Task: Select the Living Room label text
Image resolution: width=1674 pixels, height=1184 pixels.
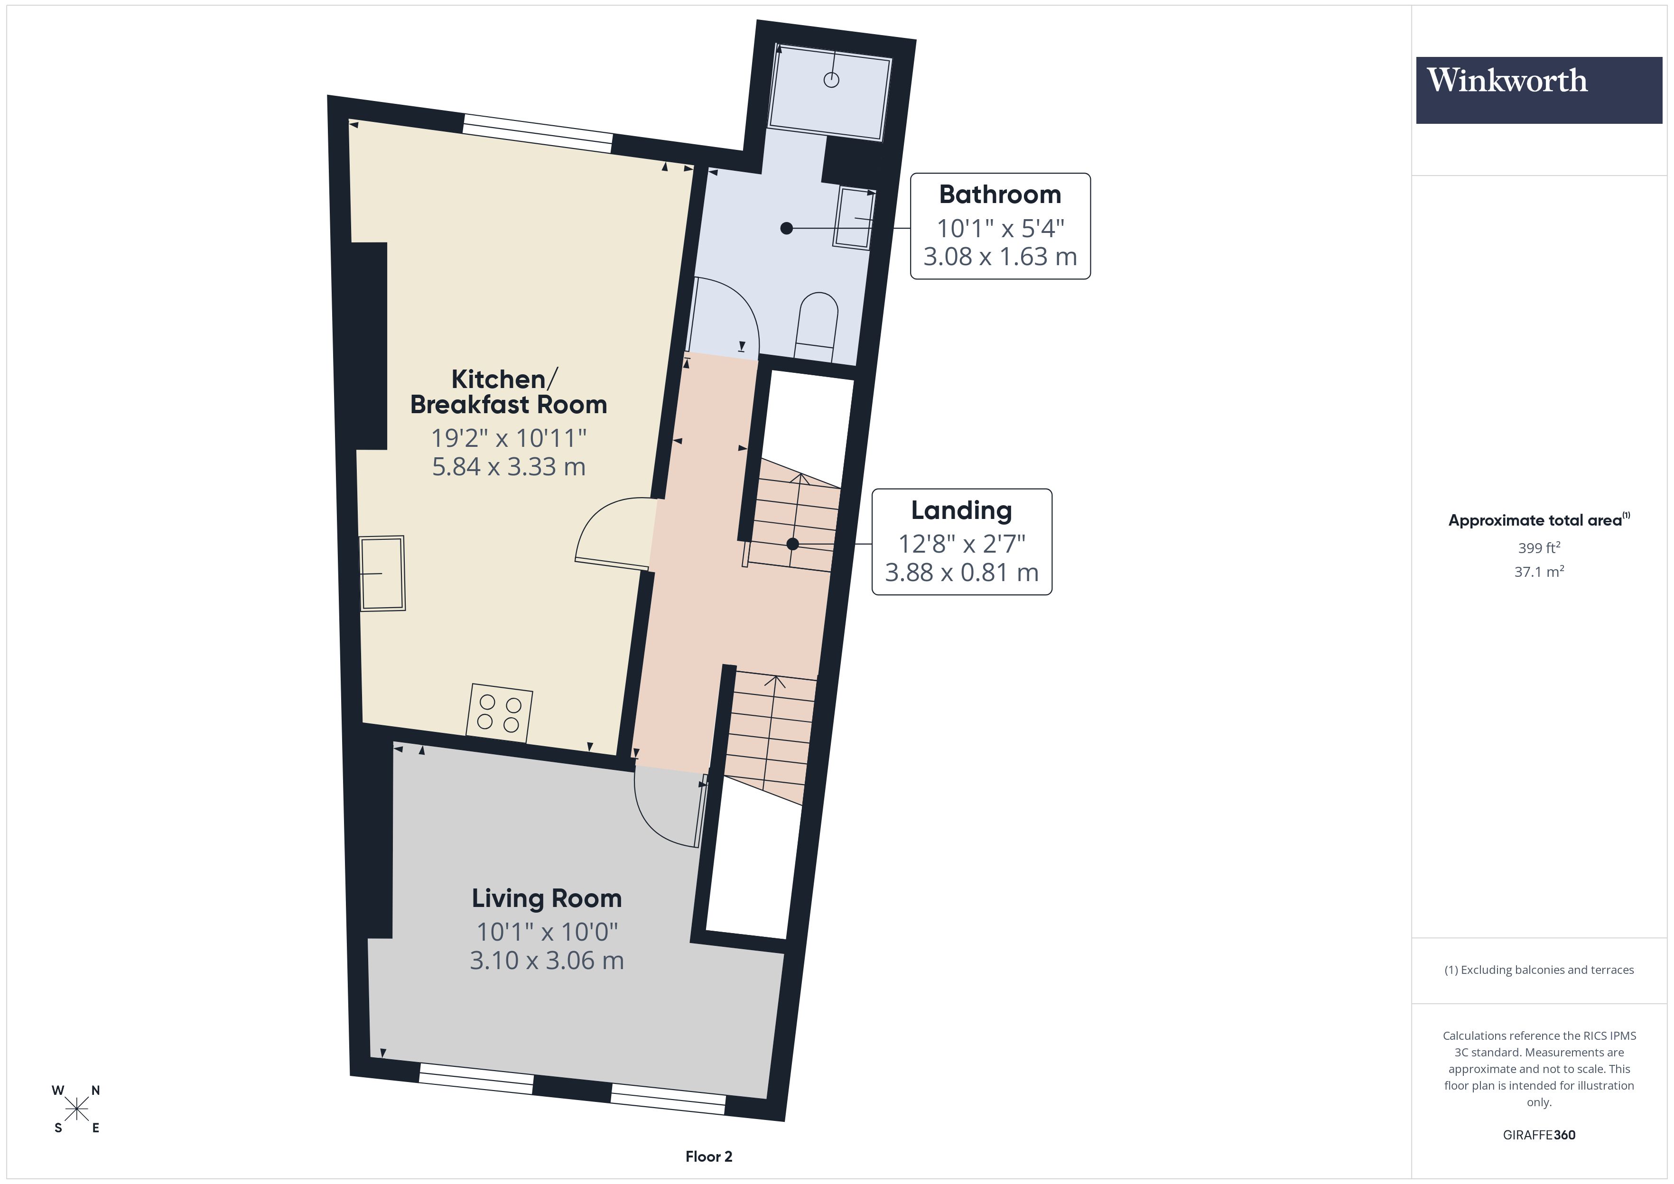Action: point(546,898)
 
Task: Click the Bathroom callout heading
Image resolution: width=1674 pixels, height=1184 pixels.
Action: point(1000,194)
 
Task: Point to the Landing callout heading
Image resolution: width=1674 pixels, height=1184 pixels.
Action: point(961,510)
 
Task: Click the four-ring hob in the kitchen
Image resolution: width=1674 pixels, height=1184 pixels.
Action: point(500,713)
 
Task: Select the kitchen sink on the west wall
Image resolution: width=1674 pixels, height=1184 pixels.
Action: point(382,574)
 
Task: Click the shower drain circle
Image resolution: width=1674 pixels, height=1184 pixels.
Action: point(831,80)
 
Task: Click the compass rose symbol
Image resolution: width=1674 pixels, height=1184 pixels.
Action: point(76,1110)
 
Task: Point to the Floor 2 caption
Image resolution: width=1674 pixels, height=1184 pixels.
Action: point(708,1156)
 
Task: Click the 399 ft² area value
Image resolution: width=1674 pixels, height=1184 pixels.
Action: point(1538,547)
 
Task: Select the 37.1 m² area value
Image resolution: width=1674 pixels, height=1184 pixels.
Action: point(1538,572)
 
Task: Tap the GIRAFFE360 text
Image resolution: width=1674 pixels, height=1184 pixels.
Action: point(1538,1135)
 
